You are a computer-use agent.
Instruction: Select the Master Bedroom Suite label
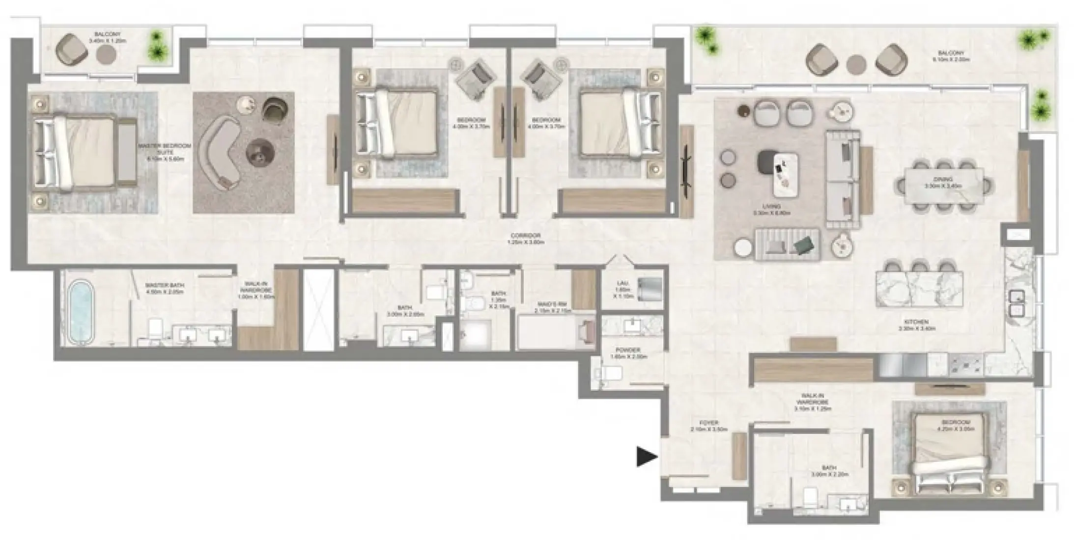click(x=164, y=152)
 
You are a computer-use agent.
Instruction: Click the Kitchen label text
click(x=913, y=325)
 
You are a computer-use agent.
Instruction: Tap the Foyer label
click(x=708, y=426)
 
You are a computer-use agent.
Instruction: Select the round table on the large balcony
click(x=857, y=64)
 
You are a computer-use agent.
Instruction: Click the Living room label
click(x=771, y=210)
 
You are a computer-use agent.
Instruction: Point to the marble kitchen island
click(x=919, y=289)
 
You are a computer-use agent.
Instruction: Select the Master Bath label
click(x=165, y=288)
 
